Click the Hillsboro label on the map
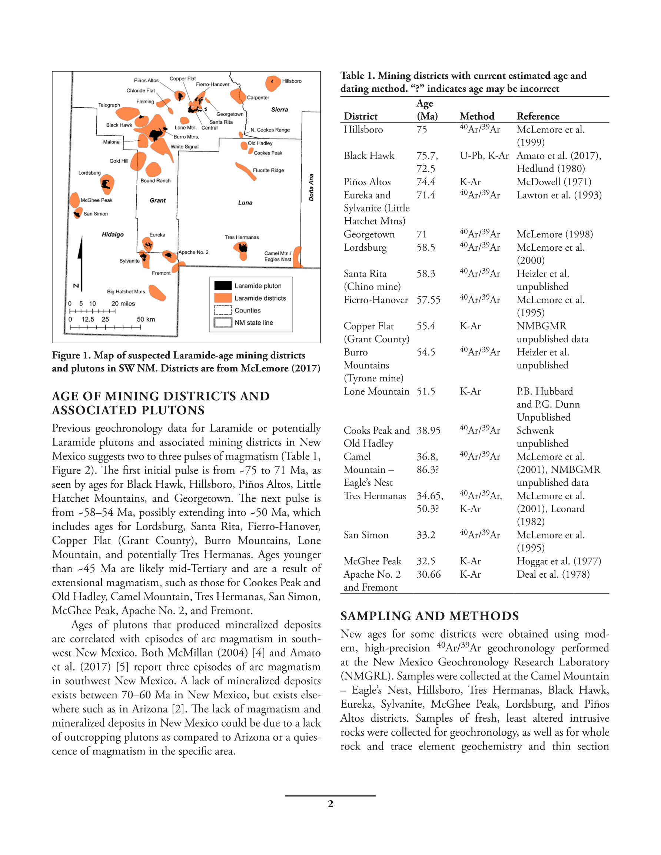pyautogui.click(x=292, y=81)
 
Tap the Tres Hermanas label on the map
pyautogui.click(x=242, y=237)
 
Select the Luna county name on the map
pyautogui.click(x=245, y=203)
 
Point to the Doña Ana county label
pyautogui.click(x=311, y=187)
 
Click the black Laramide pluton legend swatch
pyautogui.click(x=223, y=286)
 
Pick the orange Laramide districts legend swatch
pyautogui.click(x=223, y=298)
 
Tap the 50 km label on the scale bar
pyautogui.click(x=146, y=320)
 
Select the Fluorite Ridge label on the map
pyautogui.click(x=268, y=170)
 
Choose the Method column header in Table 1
pyautogui.click(x=477, y=116)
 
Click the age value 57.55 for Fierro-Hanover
pyautogui.click(x=428, y=300)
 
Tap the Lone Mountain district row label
pyautogui.click(x=376, y=391)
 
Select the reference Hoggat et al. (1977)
pyautogui.click(x=559, y=561)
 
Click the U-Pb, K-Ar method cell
pyautogui.click(x=484, y=156)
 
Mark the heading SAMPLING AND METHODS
pyautogui.click(x=429, y=616)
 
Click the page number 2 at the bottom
pyautogui.click(x=330, y=804)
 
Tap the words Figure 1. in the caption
pyautogui.click(x=71, y=355)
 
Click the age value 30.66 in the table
pyautogui.click(x=428, y=574)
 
